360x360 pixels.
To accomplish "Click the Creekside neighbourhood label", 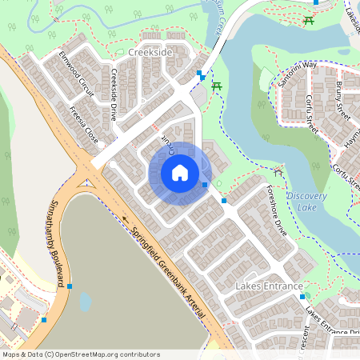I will [150, 52].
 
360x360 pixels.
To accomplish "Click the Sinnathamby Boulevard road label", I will [57, 244].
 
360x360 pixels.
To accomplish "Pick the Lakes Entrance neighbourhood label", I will [269, 286].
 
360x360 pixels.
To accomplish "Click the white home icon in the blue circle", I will [180, 173].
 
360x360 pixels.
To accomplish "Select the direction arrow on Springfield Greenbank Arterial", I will [125, 218].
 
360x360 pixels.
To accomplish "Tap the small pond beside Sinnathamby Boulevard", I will [86, 302].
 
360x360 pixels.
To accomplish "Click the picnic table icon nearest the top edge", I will [309, 20].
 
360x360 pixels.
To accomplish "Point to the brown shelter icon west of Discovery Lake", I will [278, 170].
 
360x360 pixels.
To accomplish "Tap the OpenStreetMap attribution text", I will [80, 354].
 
